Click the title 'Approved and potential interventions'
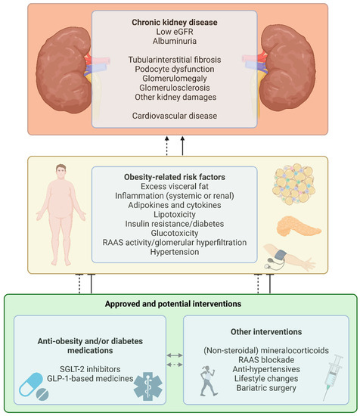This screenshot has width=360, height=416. pos(179,304)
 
